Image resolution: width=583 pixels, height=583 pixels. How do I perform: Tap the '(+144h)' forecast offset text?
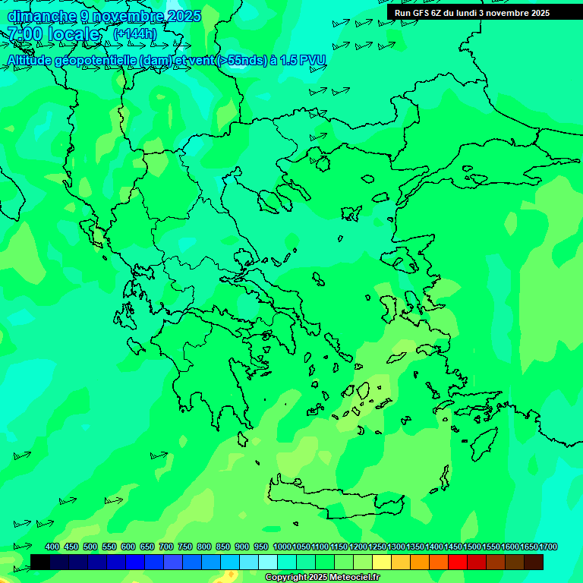click(x=134, y=33)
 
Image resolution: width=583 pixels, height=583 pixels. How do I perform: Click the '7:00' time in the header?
click(x=24, y=34)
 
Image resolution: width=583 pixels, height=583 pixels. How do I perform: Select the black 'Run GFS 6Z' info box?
click(x=472, y=12)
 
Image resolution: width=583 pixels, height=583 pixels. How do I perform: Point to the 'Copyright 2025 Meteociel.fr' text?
click(x=322, y=578)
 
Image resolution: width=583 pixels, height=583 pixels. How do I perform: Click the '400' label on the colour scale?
click(x=52, y=547)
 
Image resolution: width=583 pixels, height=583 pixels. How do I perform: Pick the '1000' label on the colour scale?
click(x=282, y=547)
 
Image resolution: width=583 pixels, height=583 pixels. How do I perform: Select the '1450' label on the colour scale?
click(x=453, y=547)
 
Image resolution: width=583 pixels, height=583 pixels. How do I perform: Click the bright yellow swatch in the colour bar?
click(x=382, y=563)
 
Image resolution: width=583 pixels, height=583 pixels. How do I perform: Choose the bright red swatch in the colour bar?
click(x=458, y=563)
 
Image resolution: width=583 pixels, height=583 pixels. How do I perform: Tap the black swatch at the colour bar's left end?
click(x=40, y=563)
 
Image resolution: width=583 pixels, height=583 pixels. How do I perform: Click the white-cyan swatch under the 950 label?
click(x=268, y=563)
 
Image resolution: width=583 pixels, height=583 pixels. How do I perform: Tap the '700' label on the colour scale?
click(x=166, y=547)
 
